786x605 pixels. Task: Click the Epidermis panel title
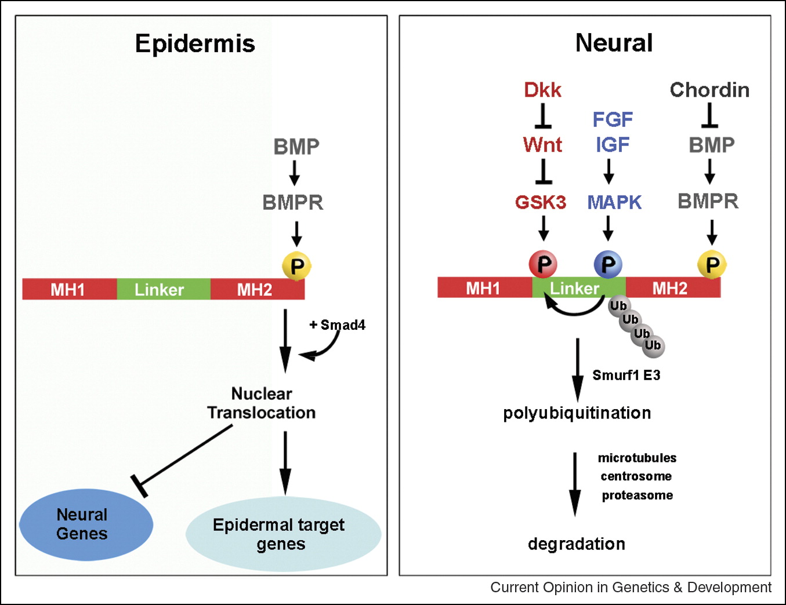click(x=195, y=43)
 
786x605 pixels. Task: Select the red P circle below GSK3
click(x=543, y=264)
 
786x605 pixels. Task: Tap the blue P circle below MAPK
click(x=608, y=264)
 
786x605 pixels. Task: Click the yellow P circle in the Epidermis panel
click(x=297, y=266)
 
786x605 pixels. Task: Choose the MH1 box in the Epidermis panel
click(x=69, y=289)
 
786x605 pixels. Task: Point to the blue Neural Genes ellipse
click(x=86, y=524)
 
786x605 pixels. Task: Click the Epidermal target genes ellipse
click(x=282, y=534)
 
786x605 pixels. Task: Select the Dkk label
click(x=542, y=90)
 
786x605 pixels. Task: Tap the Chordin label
click(x=709, y=90)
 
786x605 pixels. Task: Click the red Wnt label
click(x=542, y=144)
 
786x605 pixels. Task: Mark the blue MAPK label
click(x=614, y=202)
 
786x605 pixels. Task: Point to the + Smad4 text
click(x=338, y=325)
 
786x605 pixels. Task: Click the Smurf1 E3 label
click(x=626, y=375)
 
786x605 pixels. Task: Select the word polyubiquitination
click(x=577, y=413)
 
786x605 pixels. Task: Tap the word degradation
click(x=576, y=544)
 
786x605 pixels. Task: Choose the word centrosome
click(x=636, y=476)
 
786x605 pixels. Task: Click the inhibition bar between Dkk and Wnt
click(x=543, y=116)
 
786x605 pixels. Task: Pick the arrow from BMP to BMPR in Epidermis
click(x=294, y=173)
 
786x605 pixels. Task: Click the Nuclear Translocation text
click(x=262, y=403)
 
